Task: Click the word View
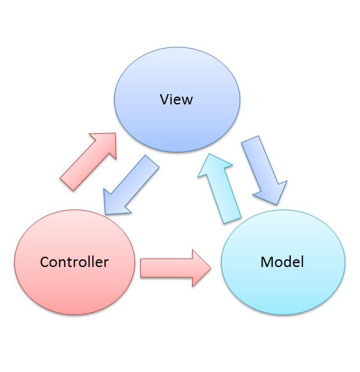click(176, 99)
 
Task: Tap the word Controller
click(74, 262)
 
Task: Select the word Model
click(282, 262)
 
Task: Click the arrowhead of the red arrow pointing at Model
click(200, 268)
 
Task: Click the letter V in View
click(164, 99)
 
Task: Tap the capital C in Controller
click(44, 262)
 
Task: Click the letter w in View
click(187, 101)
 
